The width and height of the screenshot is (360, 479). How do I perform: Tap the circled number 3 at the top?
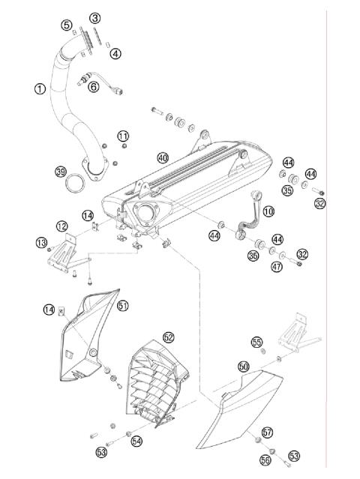94,17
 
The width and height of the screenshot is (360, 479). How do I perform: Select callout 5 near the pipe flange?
67,24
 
